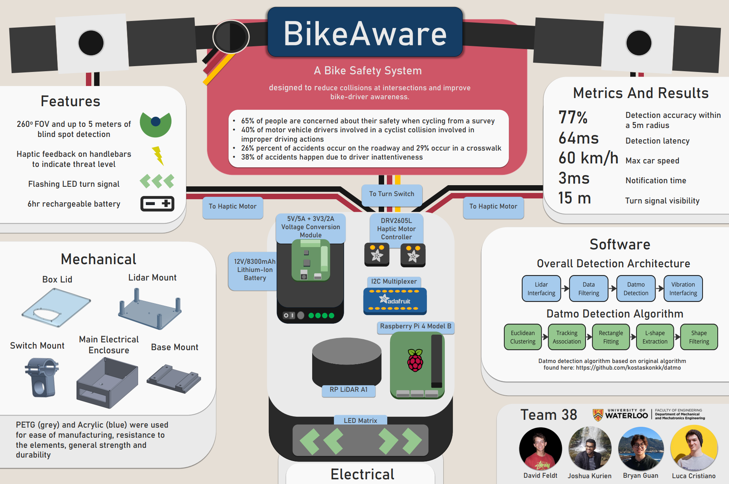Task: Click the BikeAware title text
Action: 365,34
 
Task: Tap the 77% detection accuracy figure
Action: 573,117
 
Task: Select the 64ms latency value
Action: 579,138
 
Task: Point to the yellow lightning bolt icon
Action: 157,156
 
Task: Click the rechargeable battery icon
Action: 157,203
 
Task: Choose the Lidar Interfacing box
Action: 541,289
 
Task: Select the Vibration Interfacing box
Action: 683,289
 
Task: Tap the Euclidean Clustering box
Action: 523,337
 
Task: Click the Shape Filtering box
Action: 699,337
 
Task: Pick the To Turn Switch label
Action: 392,194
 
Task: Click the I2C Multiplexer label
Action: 393,281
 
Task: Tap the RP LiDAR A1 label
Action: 348,389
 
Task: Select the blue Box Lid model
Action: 56,307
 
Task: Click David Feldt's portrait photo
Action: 540,449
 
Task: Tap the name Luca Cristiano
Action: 694,476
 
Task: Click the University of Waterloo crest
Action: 598,415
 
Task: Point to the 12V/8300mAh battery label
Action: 255,270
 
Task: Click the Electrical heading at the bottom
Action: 362,474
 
